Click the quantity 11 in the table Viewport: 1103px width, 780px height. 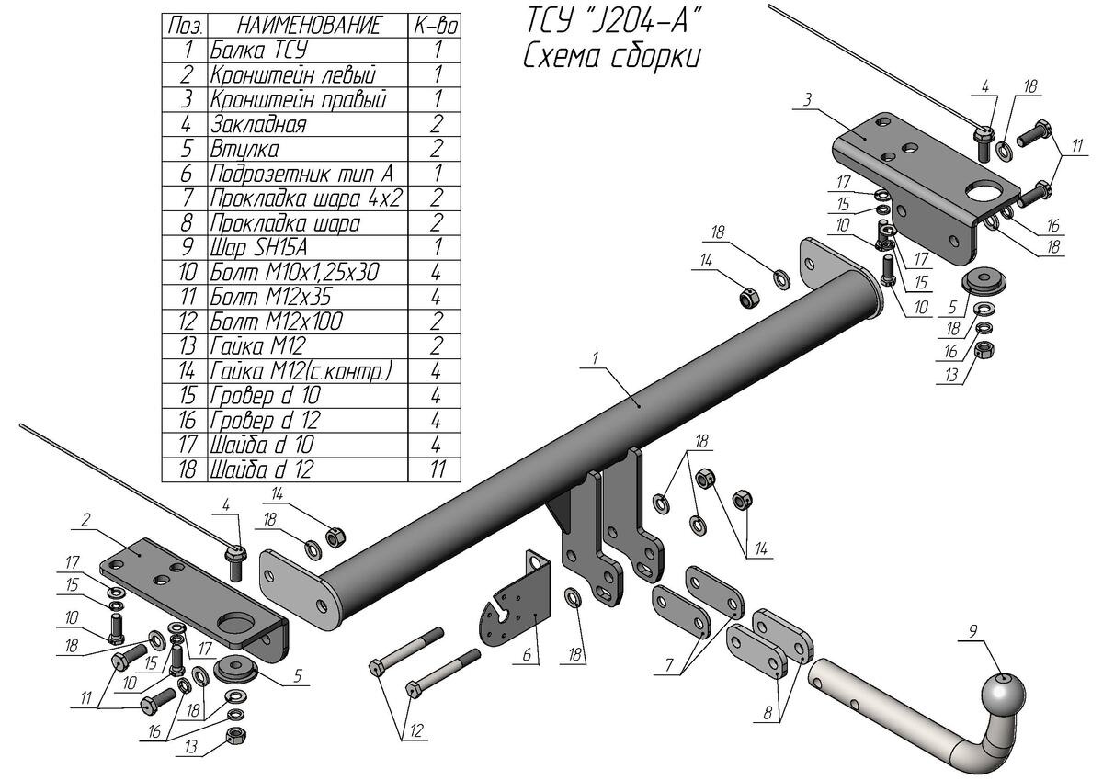[437, 469]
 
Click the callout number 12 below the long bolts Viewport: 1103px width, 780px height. [415, 730]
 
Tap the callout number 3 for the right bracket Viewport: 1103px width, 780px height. [805, 99]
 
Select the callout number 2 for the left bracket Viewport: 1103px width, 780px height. [85, 521]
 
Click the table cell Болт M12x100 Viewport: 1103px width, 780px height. [276, 322]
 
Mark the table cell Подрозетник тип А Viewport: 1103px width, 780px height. [301, 173]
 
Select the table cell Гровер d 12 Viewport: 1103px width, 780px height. [266, 421]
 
